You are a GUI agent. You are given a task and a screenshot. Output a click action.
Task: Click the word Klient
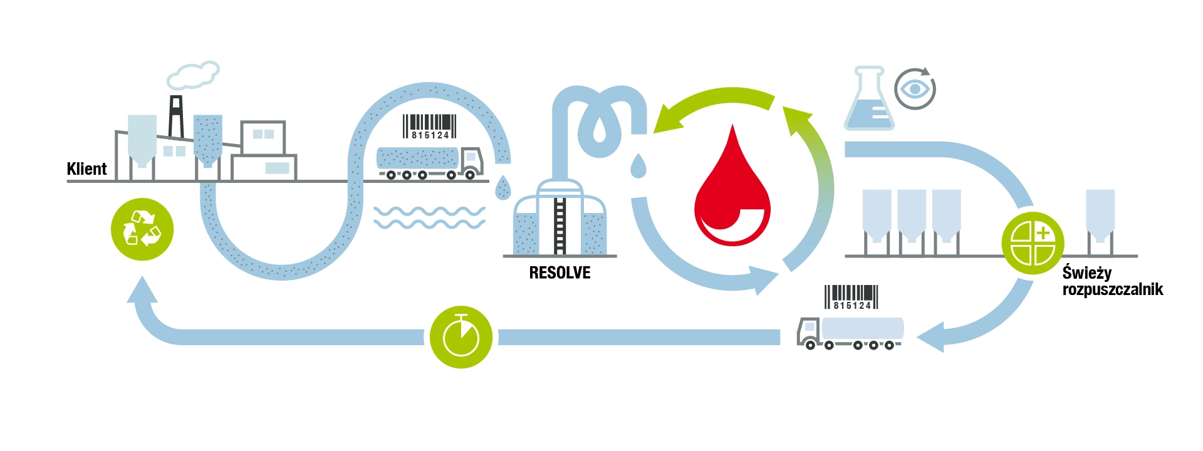coord(86,169)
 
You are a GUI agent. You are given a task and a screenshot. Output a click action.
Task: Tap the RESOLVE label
coord(560,273)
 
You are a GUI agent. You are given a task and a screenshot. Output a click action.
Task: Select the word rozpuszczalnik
coord(1113,290)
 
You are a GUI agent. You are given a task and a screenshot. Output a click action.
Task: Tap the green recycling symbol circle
coord(142,229)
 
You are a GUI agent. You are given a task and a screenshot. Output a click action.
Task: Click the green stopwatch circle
coord(461,337)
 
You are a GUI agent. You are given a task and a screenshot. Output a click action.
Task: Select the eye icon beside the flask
coord(915,89)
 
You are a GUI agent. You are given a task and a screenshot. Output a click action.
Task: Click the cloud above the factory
coord(193,75)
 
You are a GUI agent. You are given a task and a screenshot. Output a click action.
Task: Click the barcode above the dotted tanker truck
coord(430,127)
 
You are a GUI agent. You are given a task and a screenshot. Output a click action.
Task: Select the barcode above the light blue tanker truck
coord(851,297)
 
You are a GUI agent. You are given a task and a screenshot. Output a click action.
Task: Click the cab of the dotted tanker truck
coord(472,161)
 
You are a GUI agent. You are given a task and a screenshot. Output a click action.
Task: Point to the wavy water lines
coord(429,217)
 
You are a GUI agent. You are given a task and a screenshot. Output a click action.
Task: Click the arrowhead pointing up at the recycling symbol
coord(142,290)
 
